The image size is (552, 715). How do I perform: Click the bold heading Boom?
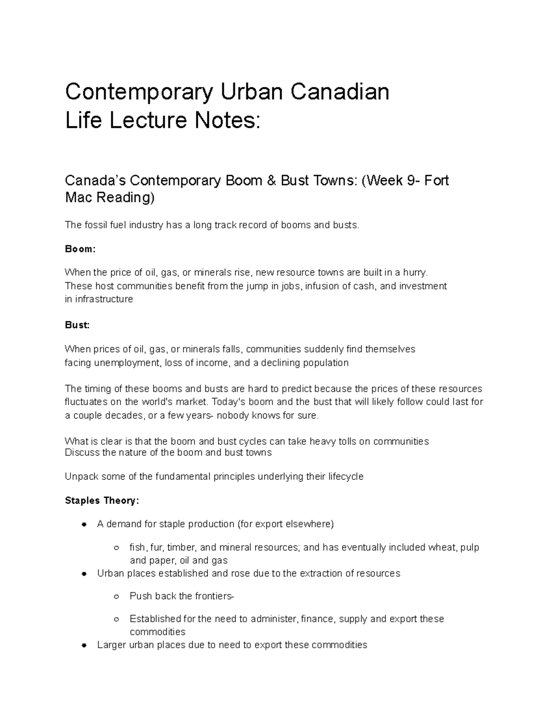click(x=80, y=249)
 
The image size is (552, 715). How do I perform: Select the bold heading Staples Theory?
click(x=102, y=500)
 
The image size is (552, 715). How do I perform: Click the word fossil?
click(x=96, y=225)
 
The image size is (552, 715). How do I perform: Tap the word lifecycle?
click(x=345, y=477)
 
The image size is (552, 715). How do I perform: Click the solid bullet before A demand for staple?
click(x=84, y=524)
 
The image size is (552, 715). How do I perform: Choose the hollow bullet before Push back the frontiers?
click(x=116, y=597)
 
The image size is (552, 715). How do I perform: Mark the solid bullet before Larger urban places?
click(x=84, y=645)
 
